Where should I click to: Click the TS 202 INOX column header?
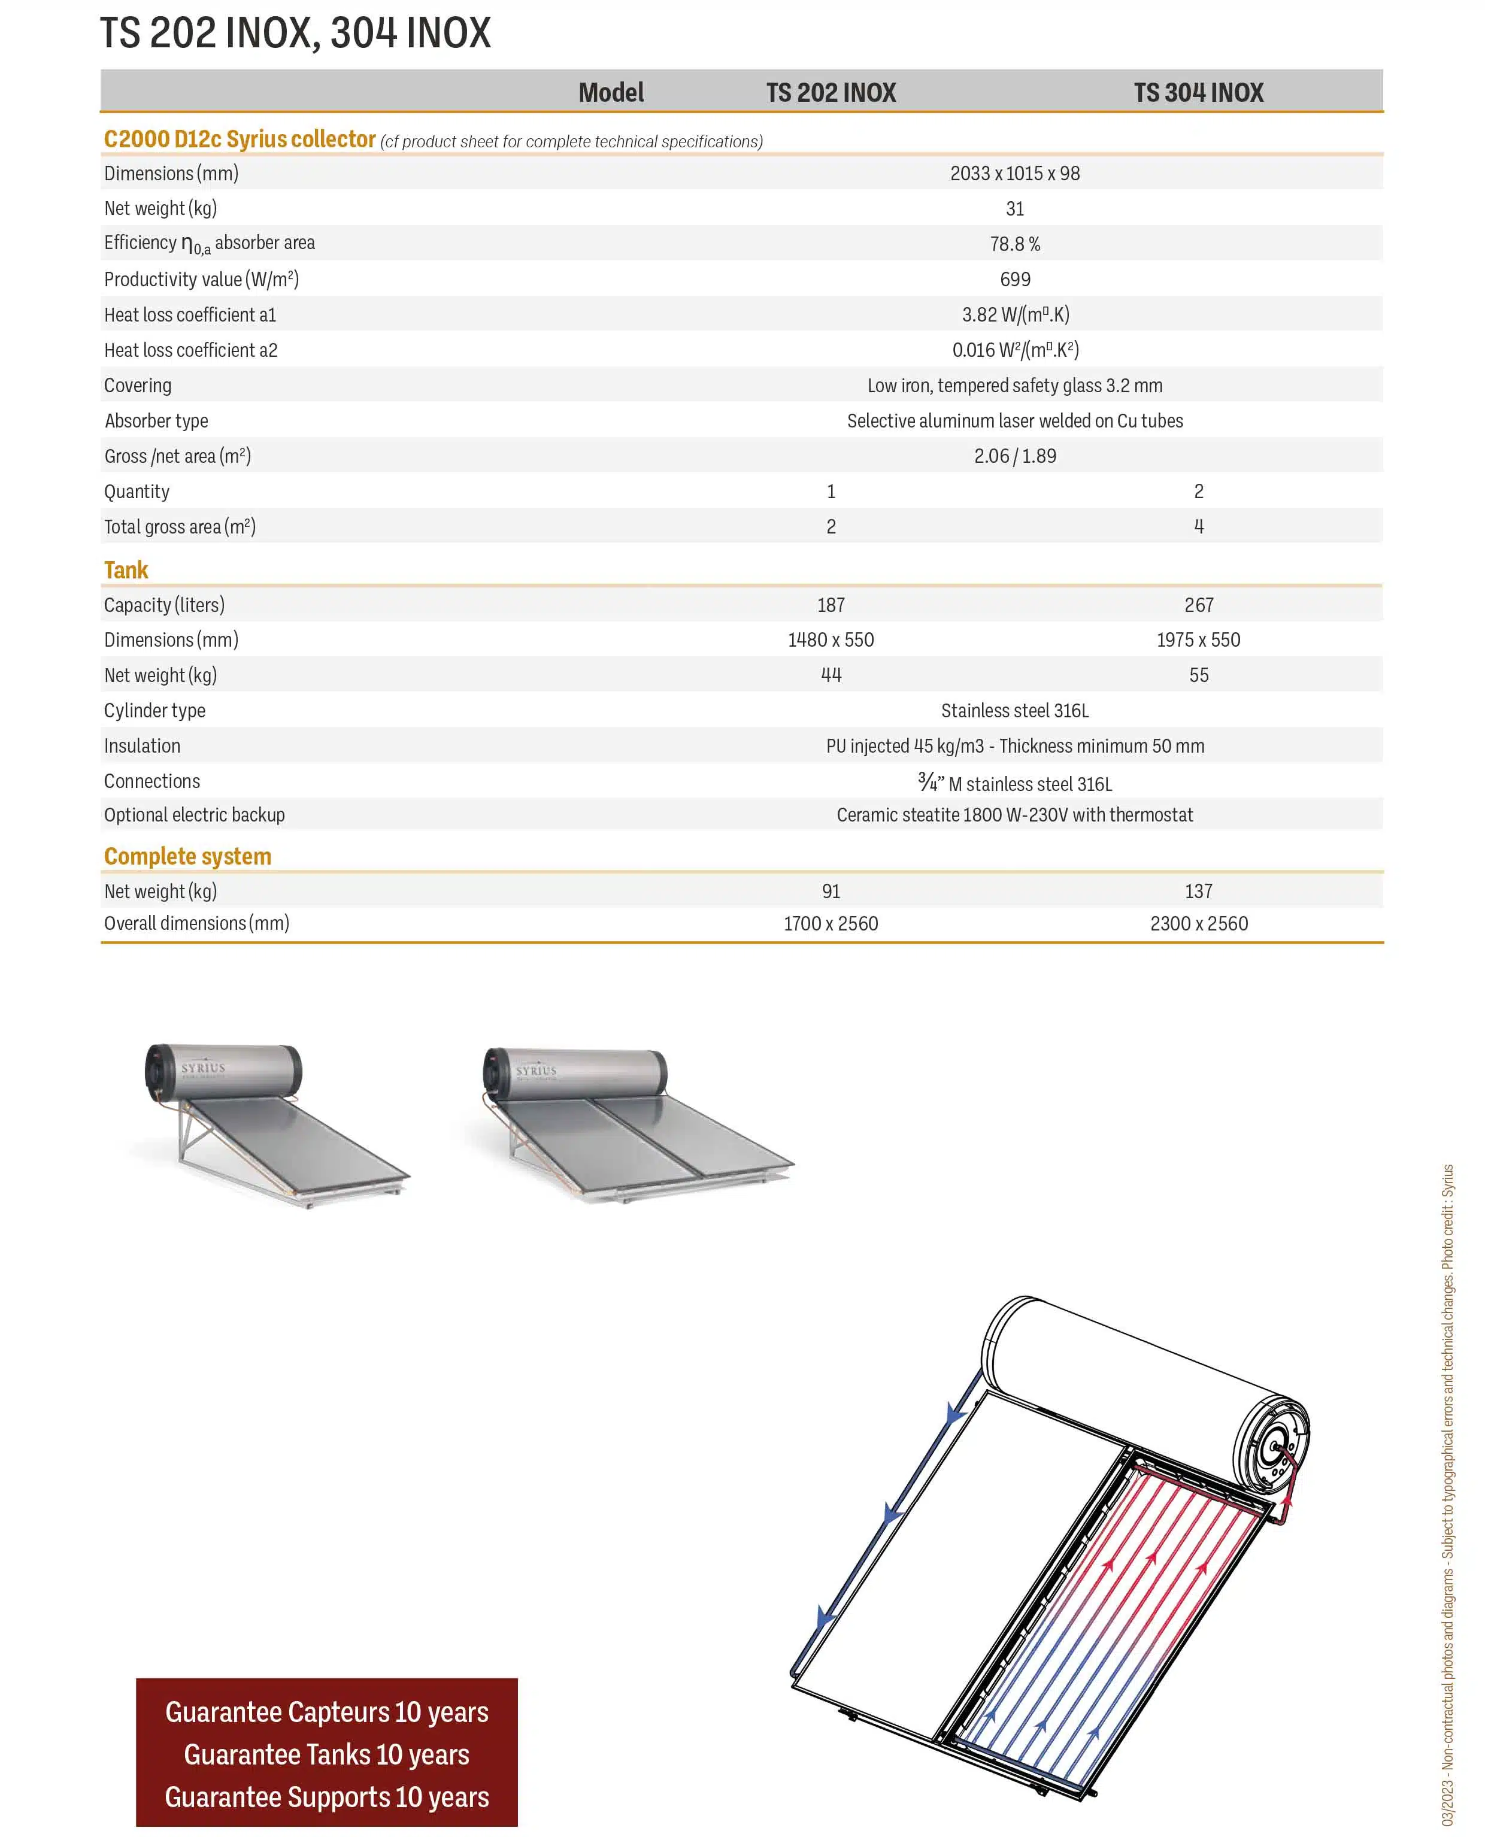831,92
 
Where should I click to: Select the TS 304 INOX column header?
1198,92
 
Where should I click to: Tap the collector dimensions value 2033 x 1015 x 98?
1014,174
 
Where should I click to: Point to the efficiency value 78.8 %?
1014,244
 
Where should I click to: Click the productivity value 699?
1014,280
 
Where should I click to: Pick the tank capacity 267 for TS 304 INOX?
1198,605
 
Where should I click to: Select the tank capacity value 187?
831,605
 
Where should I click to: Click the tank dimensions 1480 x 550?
831,641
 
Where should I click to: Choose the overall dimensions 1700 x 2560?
831,924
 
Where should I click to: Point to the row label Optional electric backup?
194,815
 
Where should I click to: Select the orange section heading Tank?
126,571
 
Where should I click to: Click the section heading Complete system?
187,857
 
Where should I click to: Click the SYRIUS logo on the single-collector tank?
204,1068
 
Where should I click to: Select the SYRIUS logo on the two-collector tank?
537,1071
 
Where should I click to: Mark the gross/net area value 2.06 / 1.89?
1014,457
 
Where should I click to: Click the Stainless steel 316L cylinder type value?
1014,711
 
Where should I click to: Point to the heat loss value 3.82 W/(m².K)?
1014,316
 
